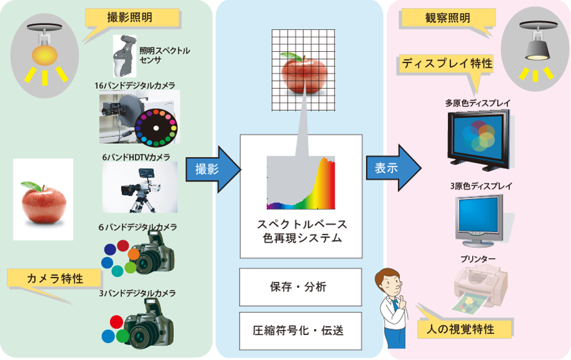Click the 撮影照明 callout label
[130, 17]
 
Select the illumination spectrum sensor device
[124, 55]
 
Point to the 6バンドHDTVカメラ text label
[136, 157]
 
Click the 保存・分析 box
[301, 287]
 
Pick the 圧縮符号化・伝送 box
[301, 330]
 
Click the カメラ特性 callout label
[55, 277]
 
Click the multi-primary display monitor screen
[478, 137]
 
